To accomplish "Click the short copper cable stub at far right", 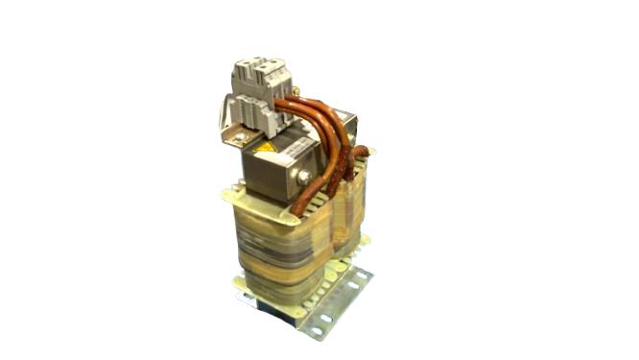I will coord(362,152).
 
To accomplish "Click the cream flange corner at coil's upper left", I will coord(230,196).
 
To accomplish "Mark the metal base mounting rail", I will coord(336,302).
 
